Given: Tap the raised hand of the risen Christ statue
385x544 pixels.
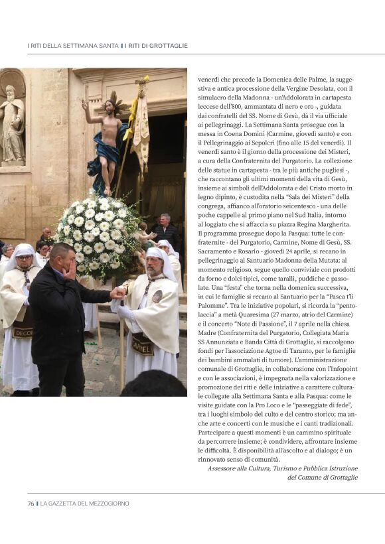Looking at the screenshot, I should point(85,103).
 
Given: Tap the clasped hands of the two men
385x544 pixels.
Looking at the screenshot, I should point(117,292).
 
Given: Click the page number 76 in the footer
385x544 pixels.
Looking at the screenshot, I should point(31,504).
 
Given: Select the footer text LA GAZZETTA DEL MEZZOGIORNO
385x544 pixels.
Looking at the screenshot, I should point(84,504).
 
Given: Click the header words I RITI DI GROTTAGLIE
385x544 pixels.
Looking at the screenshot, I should point(157,46).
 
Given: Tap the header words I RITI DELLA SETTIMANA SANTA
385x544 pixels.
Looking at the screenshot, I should point(72,46).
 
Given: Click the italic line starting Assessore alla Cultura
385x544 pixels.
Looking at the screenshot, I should point(282,468).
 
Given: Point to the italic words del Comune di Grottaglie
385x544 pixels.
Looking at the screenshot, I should point(322,477).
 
